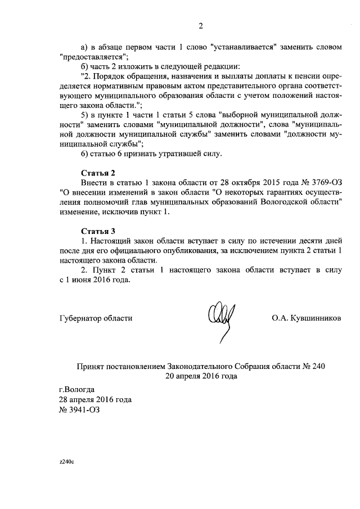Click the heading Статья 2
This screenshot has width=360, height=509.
[98, 173]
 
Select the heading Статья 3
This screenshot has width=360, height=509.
[98, 231]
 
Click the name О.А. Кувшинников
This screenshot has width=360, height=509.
[306, 318]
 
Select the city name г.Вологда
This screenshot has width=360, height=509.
[77, 389]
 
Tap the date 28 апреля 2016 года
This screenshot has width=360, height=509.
[95, 400]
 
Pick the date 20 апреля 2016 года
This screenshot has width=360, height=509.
[201, 377]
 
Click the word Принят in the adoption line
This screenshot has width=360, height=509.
[89, 366]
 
